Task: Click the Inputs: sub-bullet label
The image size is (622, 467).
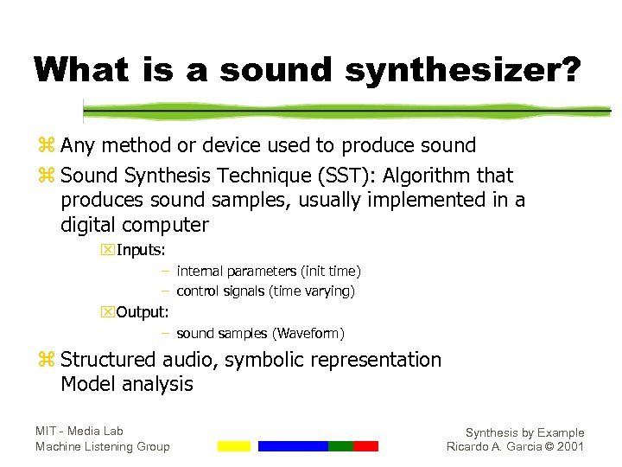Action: [x=142, y=251]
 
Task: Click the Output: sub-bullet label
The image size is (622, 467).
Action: [x=143, y=312]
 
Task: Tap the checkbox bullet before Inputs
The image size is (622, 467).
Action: [x=108, y=251]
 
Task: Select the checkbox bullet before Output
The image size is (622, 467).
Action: [x=108, y=312]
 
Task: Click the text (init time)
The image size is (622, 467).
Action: [x=329, y=272]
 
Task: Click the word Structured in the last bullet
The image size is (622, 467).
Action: [x=108, y=360]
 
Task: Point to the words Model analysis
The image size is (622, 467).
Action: [x=126, y=384]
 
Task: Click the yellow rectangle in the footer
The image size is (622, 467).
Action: [x=233, y=446]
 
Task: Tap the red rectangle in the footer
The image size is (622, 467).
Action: [x=365, y=446]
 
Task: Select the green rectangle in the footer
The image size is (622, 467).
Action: [x=340, y=446]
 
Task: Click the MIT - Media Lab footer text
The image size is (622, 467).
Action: [x=79, y=431]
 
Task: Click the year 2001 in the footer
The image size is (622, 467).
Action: [x=571, y=447]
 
